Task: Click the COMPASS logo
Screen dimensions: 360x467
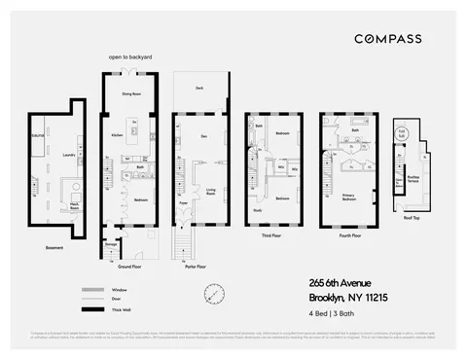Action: click(387, 39)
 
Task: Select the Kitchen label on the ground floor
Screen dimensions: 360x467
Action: click(117, 135)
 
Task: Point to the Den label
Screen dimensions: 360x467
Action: click(203, 136)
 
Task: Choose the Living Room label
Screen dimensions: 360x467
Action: click(209, 193)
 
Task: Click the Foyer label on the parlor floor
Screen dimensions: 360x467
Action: click(184, 203)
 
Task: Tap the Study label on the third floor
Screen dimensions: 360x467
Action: click(258, 208)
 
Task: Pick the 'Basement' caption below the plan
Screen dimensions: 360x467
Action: click(54, 247)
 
